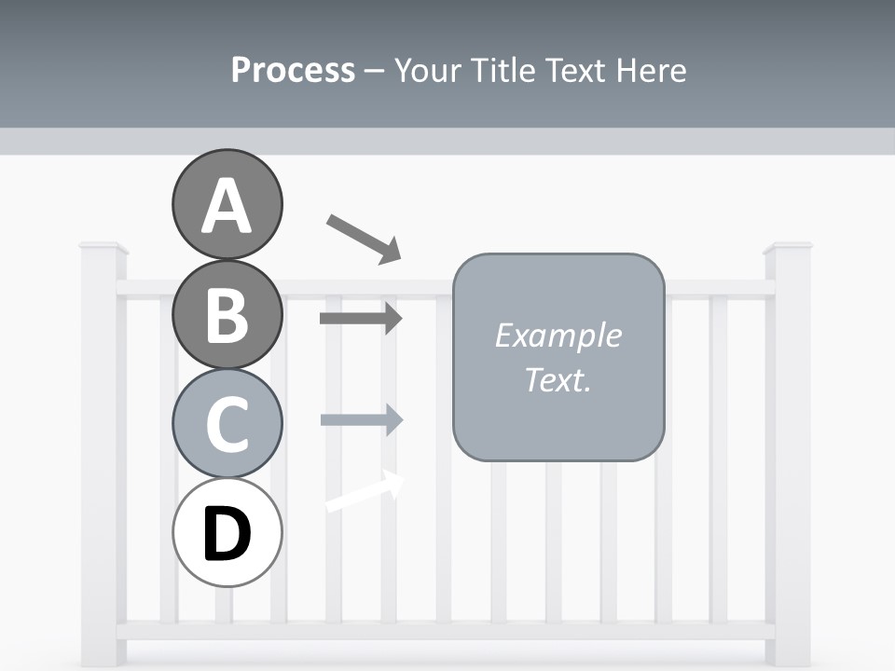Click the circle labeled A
pos(227,204)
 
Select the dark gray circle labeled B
pos(227,314)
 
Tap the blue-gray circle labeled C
pos(227,423)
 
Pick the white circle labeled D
pos(227,532)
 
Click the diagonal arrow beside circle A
pos(364,238)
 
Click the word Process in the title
pos(293,70)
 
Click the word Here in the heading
pos(652,70)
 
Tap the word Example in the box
pos(558,335)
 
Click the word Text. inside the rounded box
pos(558,380)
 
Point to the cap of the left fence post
pos(103,248)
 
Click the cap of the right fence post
pos(788,248)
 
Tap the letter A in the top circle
pos(227,207)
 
